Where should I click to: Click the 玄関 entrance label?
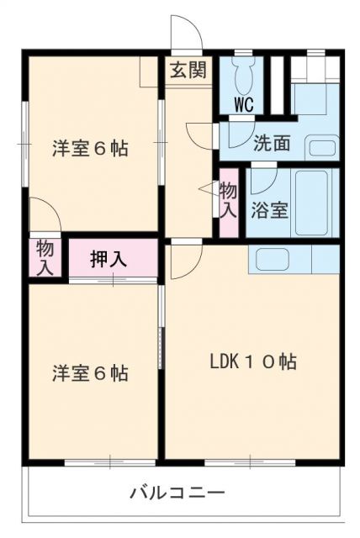point(188,70)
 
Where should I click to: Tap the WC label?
point(244,103)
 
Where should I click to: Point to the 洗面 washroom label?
point(272,143)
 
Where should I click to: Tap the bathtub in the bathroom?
point(312,203)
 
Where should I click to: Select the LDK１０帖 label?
point(253,361)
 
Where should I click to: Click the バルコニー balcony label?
point(177,493)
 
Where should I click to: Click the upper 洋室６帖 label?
point(90,149)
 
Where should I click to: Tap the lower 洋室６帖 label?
point(90,373)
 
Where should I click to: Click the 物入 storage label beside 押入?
point(45,257)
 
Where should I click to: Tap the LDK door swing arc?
point(193,266)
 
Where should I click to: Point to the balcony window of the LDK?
point(250,462)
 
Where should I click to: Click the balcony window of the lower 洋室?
point(110,462)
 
